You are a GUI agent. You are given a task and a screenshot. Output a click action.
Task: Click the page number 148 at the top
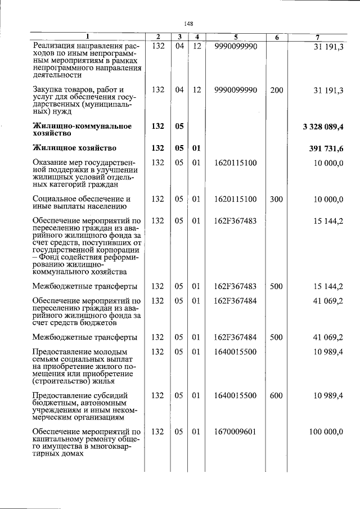click(x=188, y=23)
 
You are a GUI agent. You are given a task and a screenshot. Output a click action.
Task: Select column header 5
click(x=236, y=37)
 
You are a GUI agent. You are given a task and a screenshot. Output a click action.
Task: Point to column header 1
click(x=87, y=37)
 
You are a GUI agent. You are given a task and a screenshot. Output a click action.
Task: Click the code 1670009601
click(x=236, y=431)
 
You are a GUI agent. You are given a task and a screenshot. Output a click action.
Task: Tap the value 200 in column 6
click(x=277, y=89)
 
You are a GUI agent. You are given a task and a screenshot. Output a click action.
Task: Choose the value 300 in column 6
click(x=277, y=199)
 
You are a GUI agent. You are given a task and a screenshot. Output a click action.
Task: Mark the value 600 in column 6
click(x=277, y=395)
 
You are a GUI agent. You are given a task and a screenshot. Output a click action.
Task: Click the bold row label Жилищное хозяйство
click(x=75, y=148)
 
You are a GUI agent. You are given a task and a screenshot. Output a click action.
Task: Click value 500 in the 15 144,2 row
click(x=277, y=286)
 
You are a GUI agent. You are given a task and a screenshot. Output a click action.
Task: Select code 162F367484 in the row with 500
click(x=236, y=337)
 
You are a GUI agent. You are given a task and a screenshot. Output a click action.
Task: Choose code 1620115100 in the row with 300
click(x=236, y=199)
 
